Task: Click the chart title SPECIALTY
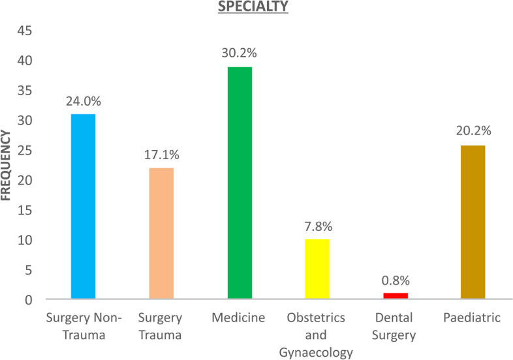[x=253, y=7]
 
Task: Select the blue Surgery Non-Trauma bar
[x=83, y=206]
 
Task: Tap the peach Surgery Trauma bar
[x=161, y=233]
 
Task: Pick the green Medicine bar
[x=240, y=183]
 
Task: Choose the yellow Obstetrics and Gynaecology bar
[x=317, y=269]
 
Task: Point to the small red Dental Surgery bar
[x=396, y=296]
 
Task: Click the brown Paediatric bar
[x=473, y=222]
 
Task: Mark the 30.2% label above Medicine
[x=239, y=53]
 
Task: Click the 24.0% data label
[x=84, y=101]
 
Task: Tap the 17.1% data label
[x=162, y=155]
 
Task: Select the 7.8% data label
[x=319, y=226]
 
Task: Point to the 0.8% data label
[x=396, y=280]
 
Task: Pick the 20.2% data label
[x=474, y=131]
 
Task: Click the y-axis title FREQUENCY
[x=6, y=165]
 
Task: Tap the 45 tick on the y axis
[x=25, y=31]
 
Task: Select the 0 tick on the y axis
[x=29, y=300]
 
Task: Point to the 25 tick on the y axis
[x=25, y=151]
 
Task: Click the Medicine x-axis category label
[x=238, y=318]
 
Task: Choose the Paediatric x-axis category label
[x=472, y=318]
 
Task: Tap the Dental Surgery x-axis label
[x=394, y=326]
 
